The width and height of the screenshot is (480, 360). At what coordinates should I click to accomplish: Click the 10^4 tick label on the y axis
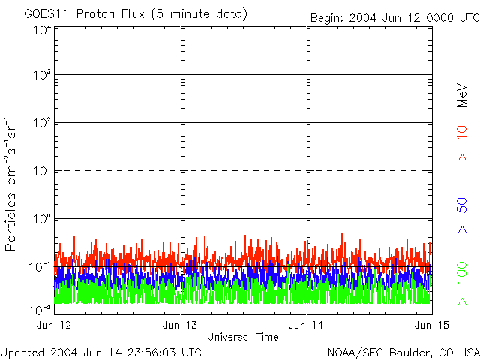pos(40,30)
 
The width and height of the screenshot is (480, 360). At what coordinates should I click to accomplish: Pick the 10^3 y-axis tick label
pos(40,75)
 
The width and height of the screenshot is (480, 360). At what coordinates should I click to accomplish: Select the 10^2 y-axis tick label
pos(40,123)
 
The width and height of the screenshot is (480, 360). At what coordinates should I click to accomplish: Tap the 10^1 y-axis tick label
pos(40,171)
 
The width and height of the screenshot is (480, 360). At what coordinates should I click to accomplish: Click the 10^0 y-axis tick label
pos(40,219)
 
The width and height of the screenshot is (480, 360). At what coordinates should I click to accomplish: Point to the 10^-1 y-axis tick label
pos(39,266)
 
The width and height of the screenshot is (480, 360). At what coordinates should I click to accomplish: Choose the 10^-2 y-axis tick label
pos(39,309)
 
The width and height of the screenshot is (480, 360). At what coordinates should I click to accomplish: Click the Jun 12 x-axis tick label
pos(54,325)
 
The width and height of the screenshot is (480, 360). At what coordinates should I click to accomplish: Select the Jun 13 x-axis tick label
pos(180,325)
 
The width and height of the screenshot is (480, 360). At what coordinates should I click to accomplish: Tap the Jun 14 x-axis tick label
pos(306,325)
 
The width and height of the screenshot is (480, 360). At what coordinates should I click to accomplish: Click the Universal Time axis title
pos(243,337)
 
